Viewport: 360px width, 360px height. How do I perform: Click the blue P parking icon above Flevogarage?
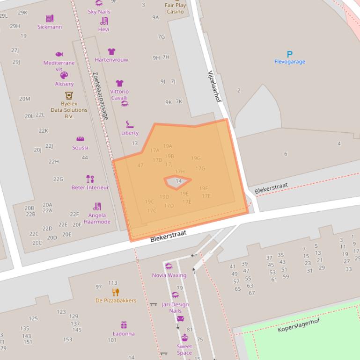point(290,54)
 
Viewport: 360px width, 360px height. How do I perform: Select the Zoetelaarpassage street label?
point(101,95)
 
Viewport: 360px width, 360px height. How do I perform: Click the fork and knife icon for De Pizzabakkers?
point(116,292)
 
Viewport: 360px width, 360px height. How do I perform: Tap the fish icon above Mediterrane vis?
point(59,54)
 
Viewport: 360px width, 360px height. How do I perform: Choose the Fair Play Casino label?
point(176,8)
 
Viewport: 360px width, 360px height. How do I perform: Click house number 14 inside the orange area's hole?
point(178,181)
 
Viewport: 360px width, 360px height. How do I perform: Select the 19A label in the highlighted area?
point(168,146)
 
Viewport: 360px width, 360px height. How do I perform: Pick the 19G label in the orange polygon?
point(196,158)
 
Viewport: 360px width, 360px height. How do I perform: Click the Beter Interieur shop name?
point(90,187)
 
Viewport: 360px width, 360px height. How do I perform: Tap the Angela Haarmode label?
point(97,218)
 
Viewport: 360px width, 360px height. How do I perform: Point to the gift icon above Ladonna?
point(124,325)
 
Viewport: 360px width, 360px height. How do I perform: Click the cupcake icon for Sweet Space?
point(184,338)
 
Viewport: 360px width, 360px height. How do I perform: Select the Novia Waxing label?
point(169,275)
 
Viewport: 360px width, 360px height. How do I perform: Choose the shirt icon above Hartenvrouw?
point(111,51)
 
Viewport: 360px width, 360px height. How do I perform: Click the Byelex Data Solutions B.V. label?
point(69,110)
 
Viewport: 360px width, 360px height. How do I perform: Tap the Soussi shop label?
point(80,148)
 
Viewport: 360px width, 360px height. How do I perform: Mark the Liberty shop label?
point(130,133)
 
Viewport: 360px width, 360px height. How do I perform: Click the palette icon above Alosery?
point(64,75)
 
